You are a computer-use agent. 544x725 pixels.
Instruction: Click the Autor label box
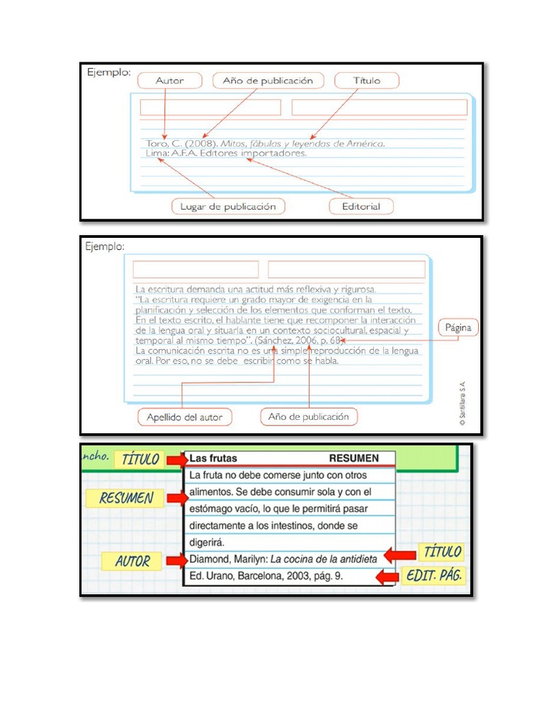[x=169, y=81]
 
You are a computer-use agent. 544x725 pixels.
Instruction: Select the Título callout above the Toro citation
[x=366, y=81]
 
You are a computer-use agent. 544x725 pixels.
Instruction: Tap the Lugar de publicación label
[x=227, y=207]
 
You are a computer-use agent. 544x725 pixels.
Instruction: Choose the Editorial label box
[x=361, y=207]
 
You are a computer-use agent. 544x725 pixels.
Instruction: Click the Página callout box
[x=458, y=328]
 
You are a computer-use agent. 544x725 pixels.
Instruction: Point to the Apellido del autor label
[x=184, y=417]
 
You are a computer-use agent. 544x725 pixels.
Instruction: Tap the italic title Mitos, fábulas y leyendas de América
[x=303, y=143]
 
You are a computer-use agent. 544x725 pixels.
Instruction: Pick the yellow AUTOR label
[x=132, y=561]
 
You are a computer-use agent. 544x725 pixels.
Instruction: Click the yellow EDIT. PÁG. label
[x=434, y=576]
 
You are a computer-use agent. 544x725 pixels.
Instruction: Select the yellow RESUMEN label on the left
[x=126, y=498]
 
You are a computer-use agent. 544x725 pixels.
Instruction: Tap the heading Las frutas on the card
[x=213, y=458]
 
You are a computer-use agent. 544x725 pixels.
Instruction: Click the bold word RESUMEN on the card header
[x=353, y=458]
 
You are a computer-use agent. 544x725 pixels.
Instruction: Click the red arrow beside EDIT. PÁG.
[x=387, y=577]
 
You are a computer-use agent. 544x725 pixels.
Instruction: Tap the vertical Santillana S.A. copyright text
[x=463, y=404]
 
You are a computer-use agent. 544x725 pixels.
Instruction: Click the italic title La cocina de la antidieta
[x=324, y=560]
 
